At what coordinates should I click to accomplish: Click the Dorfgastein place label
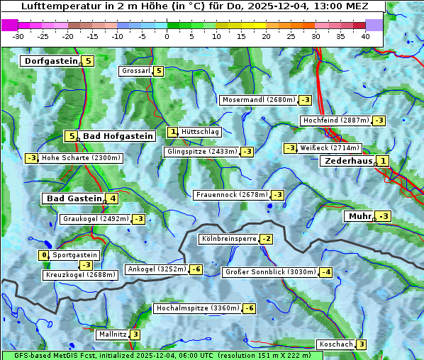click(x=50, y=61)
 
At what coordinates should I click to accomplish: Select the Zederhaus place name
click(x=347, y=162)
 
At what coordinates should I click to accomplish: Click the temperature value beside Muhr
click(x=384, y=216)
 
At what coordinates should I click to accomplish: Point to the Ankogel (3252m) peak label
click(x=156, y=269)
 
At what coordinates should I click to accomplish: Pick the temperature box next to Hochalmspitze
click(x=249, y=308)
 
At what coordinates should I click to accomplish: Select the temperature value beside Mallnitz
click(x=135, y=334)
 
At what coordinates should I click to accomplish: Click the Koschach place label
click(x=335, y=344)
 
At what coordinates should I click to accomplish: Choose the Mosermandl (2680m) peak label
click(x=258, y=100)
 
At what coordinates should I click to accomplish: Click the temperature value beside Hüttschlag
click(x=172, y=132)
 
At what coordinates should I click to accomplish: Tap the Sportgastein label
click(x=75, y=255)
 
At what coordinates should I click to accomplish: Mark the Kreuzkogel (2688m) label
click(x=79, y=275)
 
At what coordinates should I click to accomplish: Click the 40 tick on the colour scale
click(x=365, y=36)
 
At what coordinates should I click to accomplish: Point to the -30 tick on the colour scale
click(x=18, y=36)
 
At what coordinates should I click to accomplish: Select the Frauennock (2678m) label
click(x=231, y=195)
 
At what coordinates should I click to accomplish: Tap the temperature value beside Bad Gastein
click(x=112, y=198)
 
